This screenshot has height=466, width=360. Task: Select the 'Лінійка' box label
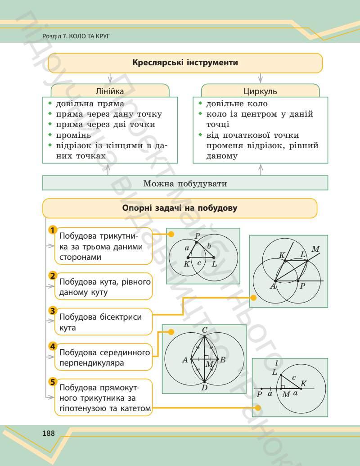[110, 91]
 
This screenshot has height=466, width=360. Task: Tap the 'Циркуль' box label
[260, 91]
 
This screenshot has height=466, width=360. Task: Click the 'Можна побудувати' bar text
[185, 183]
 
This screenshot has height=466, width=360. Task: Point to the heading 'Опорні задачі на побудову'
[180, 208]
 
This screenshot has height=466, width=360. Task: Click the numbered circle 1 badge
[53, 231]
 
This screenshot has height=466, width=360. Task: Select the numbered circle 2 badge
[53, 276]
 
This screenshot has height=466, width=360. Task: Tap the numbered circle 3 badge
[53, 311]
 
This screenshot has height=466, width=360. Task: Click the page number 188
[48, 433]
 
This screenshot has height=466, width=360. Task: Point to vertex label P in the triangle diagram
[197, 235]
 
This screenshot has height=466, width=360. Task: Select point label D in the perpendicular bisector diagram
[204, 388]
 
